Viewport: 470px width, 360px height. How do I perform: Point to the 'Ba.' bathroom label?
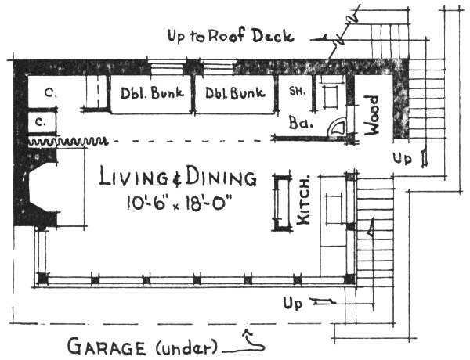pyautogui.click(x=301, y=123)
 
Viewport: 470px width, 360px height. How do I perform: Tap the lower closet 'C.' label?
pyautogui.click(x=39, y=122)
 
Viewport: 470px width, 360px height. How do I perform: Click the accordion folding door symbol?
pyautogui.click(x=59, y=142)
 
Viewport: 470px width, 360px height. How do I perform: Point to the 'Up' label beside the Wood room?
pyautogui.click(x=403, y=158)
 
